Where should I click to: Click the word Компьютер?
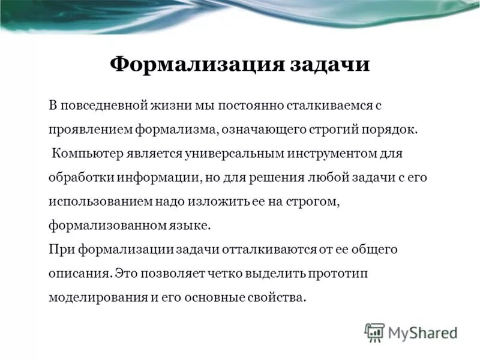coord(88,153)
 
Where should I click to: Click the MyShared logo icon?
coord(374,332)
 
